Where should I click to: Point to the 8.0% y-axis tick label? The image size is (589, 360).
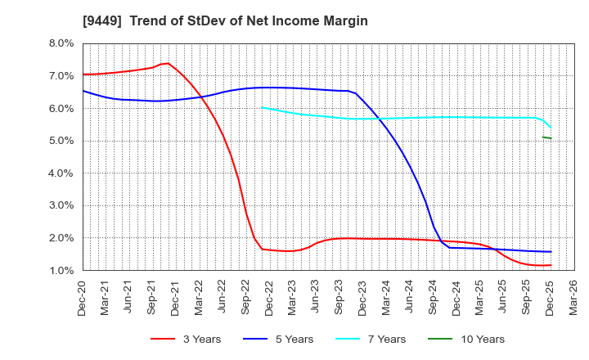point(60,43)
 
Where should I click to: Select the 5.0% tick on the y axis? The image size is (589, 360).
point(60,141)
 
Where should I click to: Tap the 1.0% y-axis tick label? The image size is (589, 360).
point(60,271)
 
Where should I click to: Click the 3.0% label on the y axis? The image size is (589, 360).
point(60,206)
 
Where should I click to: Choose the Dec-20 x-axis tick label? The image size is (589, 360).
point(83,295)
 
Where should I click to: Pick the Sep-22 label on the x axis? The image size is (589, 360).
point(245,295)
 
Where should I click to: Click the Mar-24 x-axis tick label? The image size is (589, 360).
point(384,295)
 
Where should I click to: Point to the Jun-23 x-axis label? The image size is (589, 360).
point(315,295)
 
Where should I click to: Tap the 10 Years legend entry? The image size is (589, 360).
point(480,339)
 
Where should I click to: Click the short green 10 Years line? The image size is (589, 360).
point(546,137)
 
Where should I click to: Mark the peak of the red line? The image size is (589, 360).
point(167,63)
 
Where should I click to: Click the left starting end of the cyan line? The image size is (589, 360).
point(261,106)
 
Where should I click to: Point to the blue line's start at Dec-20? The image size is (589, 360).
point(83,91)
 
